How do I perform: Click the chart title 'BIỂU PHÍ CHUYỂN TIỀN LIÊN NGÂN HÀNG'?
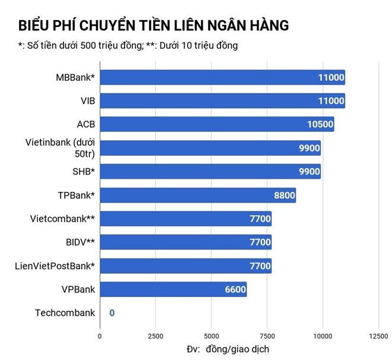click(x=153, y=26)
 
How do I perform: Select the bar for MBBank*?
click(x=222, y=77)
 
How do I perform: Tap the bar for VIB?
click(x=222, y=101)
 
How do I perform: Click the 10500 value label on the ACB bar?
click(x=318, y=125)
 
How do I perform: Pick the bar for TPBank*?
click(x=198, y=195)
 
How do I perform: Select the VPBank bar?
click(x=173, y=289)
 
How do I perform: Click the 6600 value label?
click(x=233, y=290)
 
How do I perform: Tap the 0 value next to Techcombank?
click(x=111, y=313)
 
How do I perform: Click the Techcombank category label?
click(x=65, y=313)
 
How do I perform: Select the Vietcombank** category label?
click(x=62, y=219)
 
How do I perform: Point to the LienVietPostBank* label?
click(x=55, y=266)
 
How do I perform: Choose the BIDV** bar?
click(x=185, y=242)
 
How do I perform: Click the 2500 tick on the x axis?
click(x=155, y=336)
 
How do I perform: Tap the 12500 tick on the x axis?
click(x=378, y=336)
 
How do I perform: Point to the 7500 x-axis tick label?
click(x=267, y=336)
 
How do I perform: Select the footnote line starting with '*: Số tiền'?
click(x=128, y=46)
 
